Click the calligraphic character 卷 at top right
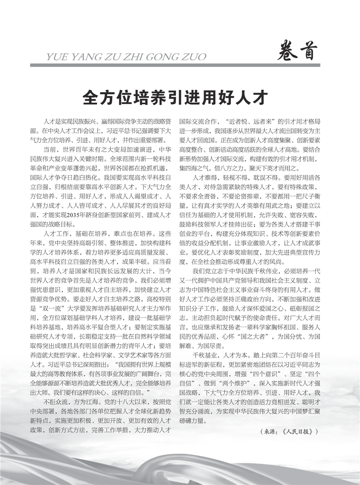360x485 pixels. tap(288, 52)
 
